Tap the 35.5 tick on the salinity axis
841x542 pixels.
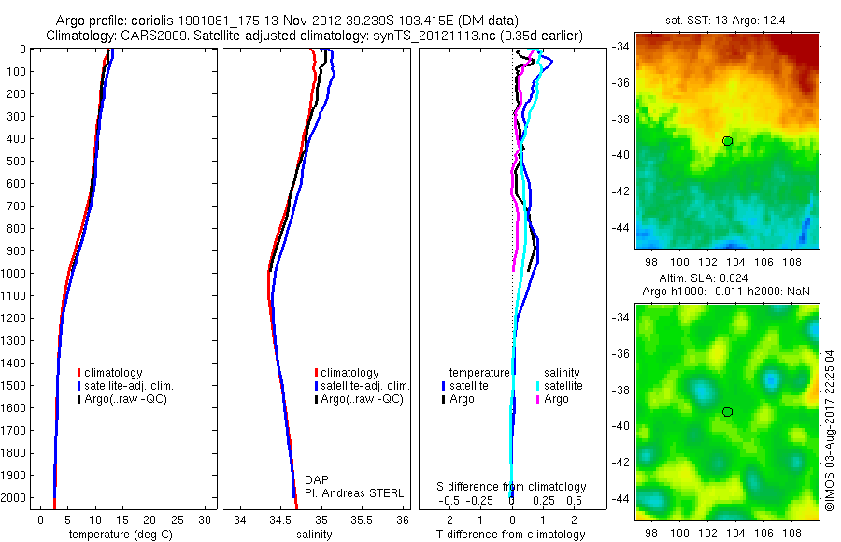pyautogui.click(x=363, y=520)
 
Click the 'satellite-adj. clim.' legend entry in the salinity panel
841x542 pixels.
pyautogui.click(x=364, y=386)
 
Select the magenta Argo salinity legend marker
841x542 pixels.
pyautogui.click(x=537, y=399)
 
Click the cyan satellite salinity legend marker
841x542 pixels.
pyautogui.click(x=537, y=386)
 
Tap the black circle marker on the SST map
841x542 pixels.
pyautogui.click(x=727, y=140)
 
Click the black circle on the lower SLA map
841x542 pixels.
pyautogui.click(x=727, y=411)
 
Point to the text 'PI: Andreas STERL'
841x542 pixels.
pyautogui.click(x=354, y=492)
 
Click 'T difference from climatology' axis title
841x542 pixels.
pyautogui.click(x=512, y=535)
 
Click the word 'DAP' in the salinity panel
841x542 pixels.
pyautogui.click(x=317, y=479)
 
